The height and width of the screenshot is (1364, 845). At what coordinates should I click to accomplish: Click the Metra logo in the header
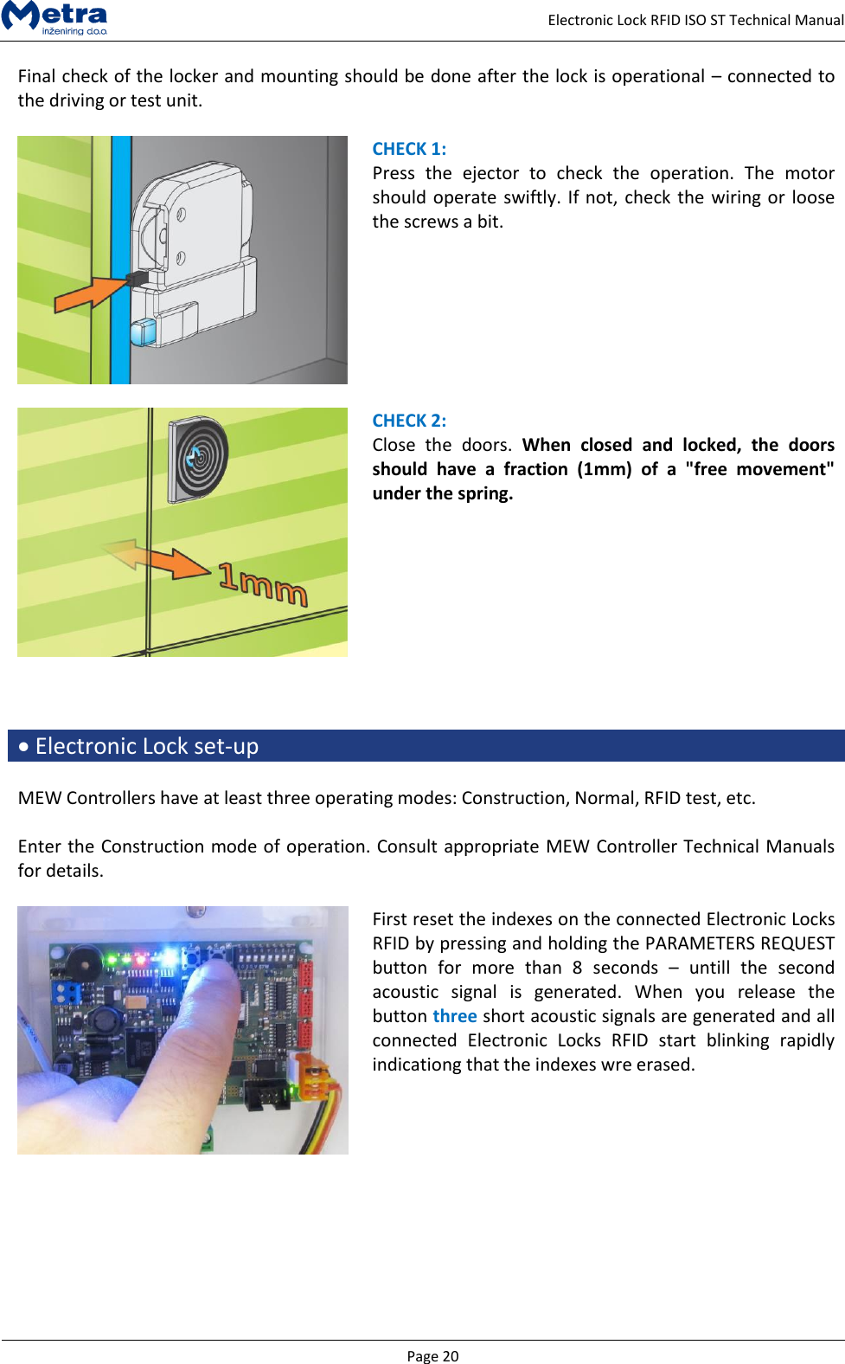point(55,17)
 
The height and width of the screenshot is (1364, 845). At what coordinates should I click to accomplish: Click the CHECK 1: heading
point(409,149)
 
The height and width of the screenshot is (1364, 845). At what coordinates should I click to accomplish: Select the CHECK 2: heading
point(409,421)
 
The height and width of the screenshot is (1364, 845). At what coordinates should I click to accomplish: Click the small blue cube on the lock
point(142,332)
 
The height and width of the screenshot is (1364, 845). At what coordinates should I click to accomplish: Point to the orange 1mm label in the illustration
point(263,583)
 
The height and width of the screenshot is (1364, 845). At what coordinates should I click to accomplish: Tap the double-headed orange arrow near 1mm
point(155,558)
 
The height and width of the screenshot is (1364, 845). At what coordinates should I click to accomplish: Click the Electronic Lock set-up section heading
point(146,746)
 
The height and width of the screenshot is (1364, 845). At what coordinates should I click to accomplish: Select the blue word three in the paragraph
point(455,1016)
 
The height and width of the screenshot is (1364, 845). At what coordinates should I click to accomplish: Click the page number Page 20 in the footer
point(432,1355)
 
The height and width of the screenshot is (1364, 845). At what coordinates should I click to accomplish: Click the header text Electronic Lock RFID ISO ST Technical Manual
point(695,20)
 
